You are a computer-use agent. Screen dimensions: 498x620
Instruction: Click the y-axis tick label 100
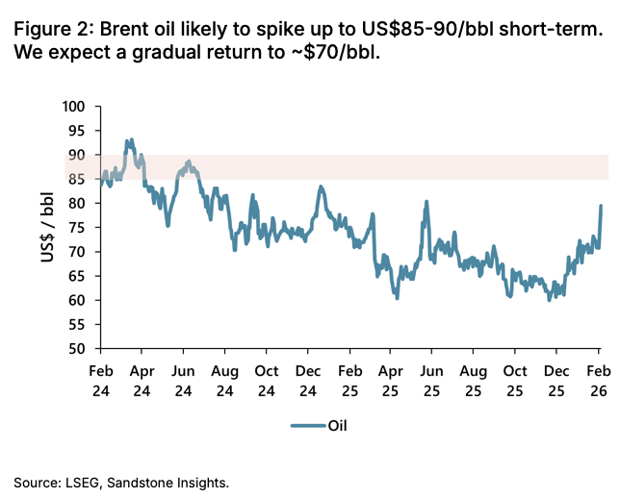coord(74,107)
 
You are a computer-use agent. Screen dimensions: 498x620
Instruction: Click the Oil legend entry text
coord(339,424)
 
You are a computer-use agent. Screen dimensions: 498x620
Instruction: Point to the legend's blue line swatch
coord(306,424)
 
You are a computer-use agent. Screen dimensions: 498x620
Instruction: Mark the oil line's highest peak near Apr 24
coord(129,140)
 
